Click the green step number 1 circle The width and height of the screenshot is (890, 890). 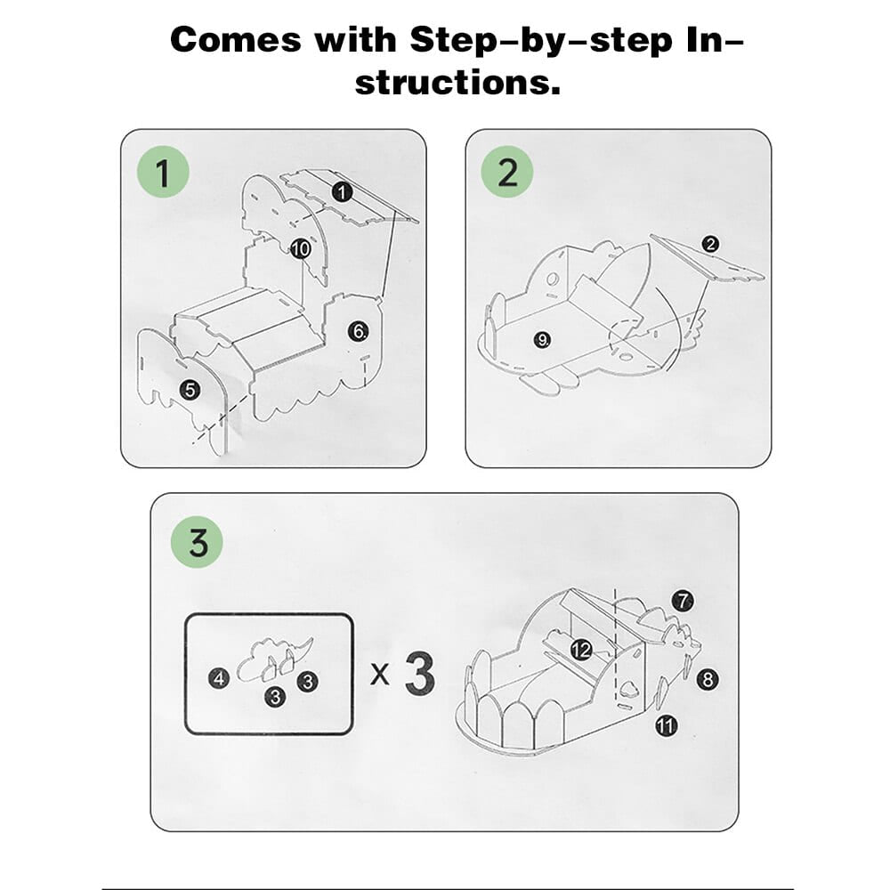point(163,172)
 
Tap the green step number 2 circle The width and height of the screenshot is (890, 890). point(507,172)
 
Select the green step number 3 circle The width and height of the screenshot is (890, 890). point(198,542)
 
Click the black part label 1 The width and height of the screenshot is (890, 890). point(342,192)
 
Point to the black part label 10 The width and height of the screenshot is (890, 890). point(300,248)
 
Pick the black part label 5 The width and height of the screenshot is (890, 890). point(190,390)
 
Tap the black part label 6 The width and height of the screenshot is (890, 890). point(359,331)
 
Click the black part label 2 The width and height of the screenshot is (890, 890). point(710,244)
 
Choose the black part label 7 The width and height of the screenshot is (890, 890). point(683,601)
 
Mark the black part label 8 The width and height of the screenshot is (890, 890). point(708,679)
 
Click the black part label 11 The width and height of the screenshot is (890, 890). point(667,725)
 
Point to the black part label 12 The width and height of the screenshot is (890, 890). point(581,650)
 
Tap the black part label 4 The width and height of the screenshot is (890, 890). point(219,678)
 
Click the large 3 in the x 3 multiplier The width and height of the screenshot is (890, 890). point(420,675)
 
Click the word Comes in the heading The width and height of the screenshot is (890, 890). point(236,41)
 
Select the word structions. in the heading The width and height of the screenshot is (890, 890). point(458,82)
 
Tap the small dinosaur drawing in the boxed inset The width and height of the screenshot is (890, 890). point(273,659)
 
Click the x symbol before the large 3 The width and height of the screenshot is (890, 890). point(380,675)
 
